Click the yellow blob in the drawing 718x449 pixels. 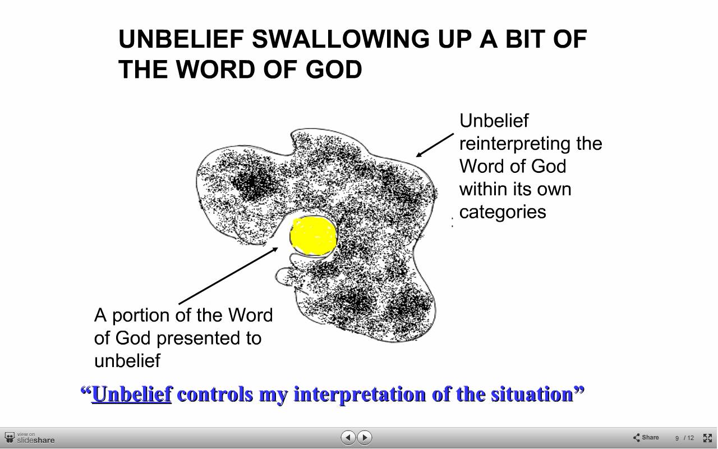pos(313,236)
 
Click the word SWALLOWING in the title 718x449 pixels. pos(340,39)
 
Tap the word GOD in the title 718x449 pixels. pos(334,69)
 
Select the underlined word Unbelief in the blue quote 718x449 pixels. pos(132,394)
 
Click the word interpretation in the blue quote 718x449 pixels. pos(360,395)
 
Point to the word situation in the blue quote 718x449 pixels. pos(532,394)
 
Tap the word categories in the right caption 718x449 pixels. pos(503,212)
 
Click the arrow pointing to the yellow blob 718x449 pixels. pos(228,276)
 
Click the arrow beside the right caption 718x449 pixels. pos(435,145)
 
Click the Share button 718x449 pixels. pos(646,437)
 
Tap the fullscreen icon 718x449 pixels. pos(707,438)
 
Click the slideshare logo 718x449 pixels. pos(30,438)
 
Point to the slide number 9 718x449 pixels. pos(677,438)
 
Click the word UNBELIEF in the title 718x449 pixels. pos(181,39)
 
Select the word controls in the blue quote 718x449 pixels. pos(215,394)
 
